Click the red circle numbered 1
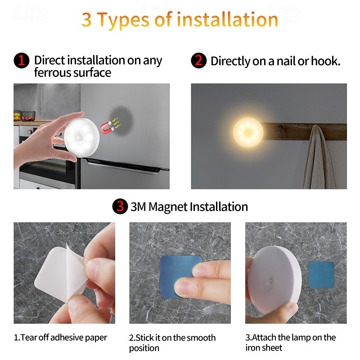tap(21, 60)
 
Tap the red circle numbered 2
tap(199, 60)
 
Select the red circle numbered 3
tap(119, 207)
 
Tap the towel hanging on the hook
tap(319, 160)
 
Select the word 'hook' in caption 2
tap(326, 61)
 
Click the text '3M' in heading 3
tap(138, 207)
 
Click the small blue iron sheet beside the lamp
tap(321, 274)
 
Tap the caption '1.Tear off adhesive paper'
tap(60, 337)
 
